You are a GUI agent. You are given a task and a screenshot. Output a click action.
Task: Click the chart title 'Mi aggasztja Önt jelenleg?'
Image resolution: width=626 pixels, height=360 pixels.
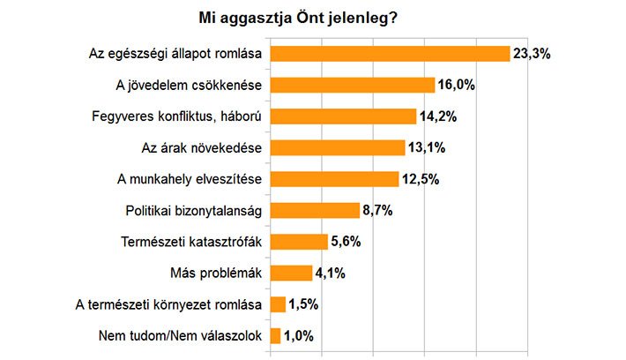(300, 18)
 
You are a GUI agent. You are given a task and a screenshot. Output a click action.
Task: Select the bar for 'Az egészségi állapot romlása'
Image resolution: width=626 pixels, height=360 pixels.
(390, 54)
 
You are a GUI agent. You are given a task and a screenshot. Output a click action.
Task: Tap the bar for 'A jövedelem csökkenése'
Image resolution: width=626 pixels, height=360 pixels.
(353, 85)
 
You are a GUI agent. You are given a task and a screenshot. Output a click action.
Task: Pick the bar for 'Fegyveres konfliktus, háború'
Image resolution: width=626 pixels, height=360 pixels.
(343, 116)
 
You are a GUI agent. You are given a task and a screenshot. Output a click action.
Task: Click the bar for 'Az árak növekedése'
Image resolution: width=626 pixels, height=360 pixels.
(338, 147)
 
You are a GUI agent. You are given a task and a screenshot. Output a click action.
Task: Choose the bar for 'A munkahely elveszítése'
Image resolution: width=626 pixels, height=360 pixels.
(335, 179)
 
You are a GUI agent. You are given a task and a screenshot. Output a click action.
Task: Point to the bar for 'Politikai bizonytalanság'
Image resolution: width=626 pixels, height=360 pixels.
(315, 211)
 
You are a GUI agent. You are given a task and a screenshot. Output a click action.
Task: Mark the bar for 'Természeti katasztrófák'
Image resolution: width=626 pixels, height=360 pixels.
(299, 242)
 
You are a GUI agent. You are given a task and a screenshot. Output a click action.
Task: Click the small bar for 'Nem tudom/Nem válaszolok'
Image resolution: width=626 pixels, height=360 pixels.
(275, 336)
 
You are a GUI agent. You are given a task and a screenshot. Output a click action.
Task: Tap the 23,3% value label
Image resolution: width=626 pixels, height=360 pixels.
(532, 55)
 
